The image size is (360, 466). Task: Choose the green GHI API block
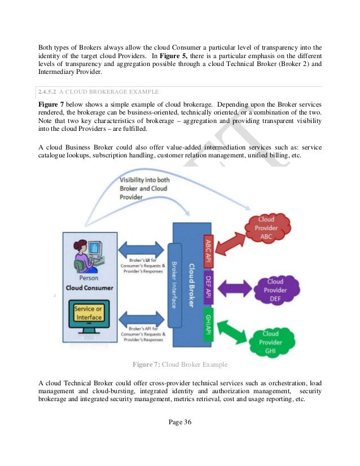[207, 324]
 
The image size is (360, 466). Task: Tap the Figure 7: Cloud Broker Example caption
[179, 363]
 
